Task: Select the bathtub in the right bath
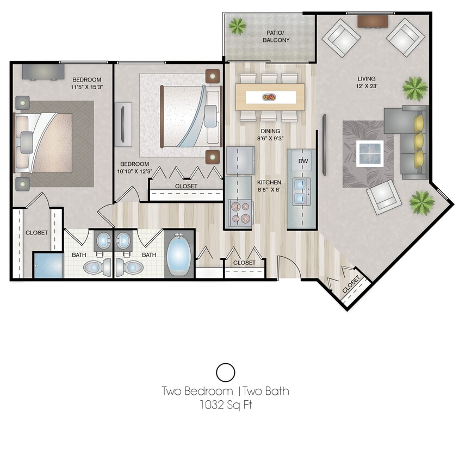click(x=179, y=253)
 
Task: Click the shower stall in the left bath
click(x=48, y=265)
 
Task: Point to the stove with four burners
click(x=240, y=213)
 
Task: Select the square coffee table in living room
click(x=370, y=153)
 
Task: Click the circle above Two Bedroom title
click(x=225, y=373)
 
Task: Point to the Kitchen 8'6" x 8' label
click(x=269, y=186)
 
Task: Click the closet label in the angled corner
click(x=351, y=285)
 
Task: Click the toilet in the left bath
click(x=96, y=266)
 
